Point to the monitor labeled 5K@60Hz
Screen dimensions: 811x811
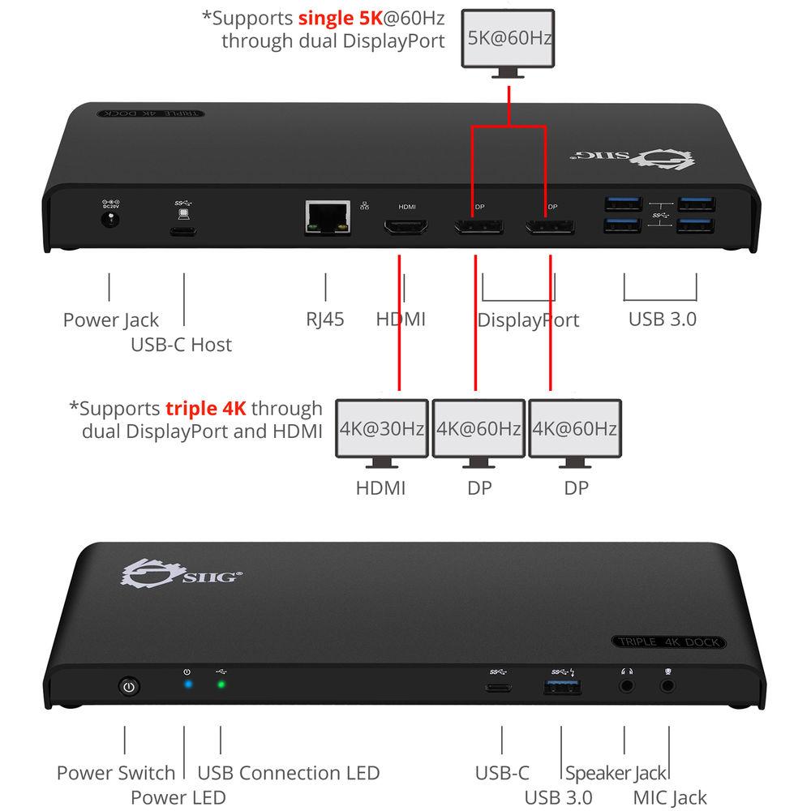click(508, 39)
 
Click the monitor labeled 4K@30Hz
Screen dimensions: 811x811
click(382, 428)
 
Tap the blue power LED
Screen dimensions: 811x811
click(188, 684)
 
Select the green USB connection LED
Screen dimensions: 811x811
click(221, 684)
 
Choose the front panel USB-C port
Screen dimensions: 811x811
click(498, 687)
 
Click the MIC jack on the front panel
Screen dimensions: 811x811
click(668, 685)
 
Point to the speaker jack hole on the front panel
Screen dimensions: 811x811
click(626, 685)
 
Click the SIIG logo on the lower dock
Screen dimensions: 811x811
click(179, 573)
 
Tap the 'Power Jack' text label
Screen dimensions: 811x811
click(111, 320)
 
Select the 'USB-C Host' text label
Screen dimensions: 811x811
click(181, 345)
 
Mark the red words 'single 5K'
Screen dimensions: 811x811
click(340, 16)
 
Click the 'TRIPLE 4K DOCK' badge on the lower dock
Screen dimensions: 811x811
click(669, 642)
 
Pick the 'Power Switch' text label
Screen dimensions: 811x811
click(116, 773)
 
